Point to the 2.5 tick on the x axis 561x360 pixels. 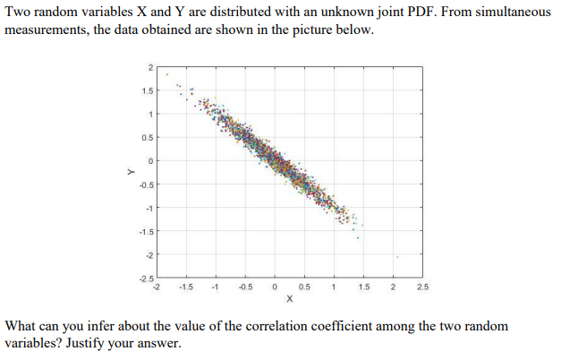click(421, 287)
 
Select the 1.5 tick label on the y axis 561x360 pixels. click(147, 90)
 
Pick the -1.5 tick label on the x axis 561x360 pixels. click(185, 287)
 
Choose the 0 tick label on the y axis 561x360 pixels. click(151, 161)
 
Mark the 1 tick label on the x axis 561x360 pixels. click(334, 287)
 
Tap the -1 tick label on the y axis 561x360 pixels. click(149, 208)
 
